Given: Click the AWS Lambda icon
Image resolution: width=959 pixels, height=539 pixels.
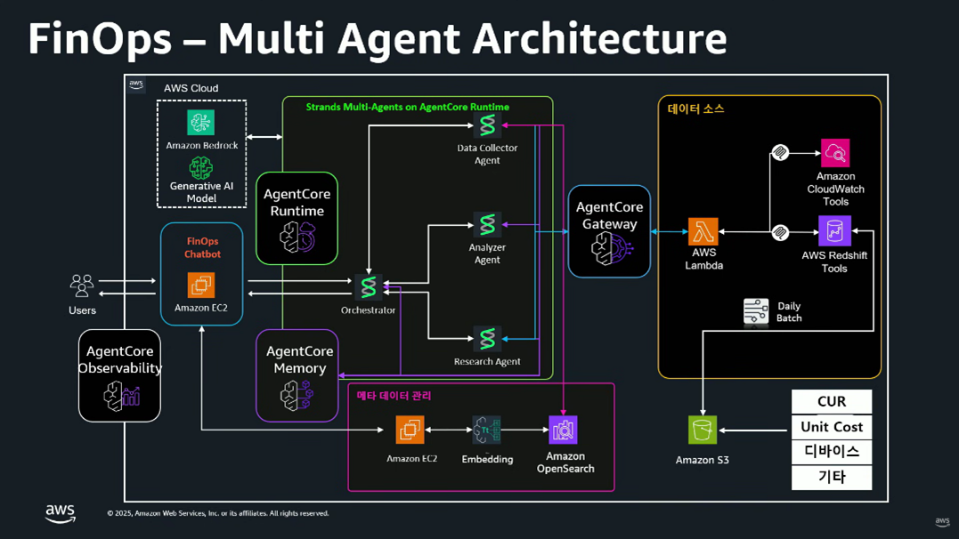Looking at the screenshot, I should coord(703,231).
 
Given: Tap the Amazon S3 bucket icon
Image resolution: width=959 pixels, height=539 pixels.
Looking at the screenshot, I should coord(703,430).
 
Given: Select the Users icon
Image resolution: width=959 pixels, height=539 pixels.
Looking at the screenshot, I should coord(82,286).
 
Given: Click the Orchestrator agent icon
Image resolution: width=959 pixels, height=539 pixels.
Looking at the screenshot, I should coord(368,286).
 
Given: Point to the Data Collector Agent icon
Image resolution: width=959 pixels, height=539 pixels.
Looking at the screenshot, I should coord(487,125).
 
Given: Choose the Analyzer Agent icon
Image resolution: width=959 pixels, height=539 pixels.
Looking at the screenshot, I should coord(487,225).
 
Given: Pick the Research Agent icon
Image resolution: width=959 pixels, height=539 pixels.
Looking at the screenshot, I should coord(487,339).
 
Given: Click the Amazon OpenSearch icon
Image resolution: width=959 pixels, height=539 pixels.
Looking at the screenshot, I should coord(563,430).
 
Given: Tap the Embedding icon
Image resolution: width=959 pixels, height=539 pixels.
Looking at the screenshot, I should coord(487,430).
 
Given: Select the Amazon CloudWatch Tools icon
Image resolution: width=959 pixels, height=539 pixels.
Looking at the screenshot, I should coord(835,153).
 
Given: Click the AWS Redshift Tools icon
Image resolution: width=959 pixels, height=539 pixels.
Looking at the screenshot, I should coord(834,231).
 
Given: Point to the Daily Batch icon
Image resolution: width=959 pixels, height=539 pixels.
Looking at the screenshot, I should coord(756,311).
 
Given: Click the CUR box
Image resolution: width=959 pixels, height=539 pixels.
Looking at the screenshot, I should coord(832,401).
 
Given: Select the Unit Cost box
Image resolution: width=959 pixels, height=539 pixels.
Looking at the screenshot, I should coord(832,427).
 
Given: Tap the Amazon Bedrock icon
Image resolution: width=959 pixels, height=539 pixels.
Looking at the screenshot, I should coord(201,122).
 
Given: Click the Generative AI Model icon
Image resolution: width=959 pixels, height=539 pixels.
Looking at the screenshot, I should coord(201,167).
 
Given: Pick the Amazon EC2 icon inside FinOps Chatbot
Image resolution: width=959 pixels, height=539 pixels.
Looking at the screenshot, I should coord(201,286).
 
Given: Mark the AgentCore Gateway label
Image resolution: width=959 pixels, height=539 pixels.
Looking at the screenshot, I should coord(609,215).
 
